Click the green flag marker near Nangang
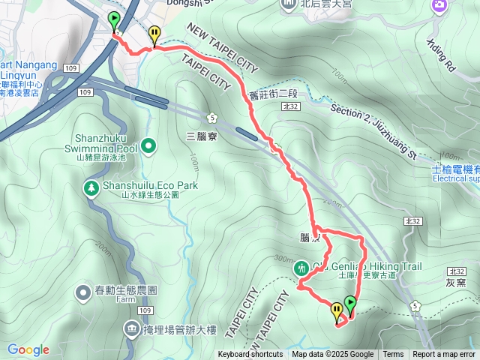[114, 19]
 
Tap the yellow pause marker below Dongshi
[154, 34]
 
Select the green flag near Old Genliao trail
[349, 304]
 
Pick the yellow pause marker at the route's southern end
[336, 310]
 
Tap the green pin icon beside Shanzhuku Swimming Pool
[148, 145]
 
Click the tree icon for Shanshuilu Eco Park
[90, 187]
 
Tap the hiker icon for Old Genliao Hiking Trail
[302, 267]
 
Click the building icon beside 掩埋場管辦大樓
[132, 328]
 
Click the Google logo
[28, 349]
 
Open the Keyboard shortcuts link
[250, 355]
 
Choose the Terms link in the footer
[393, 355]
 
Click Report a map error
[444, 355]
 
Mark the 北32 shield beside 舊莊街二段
[291, 107]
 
